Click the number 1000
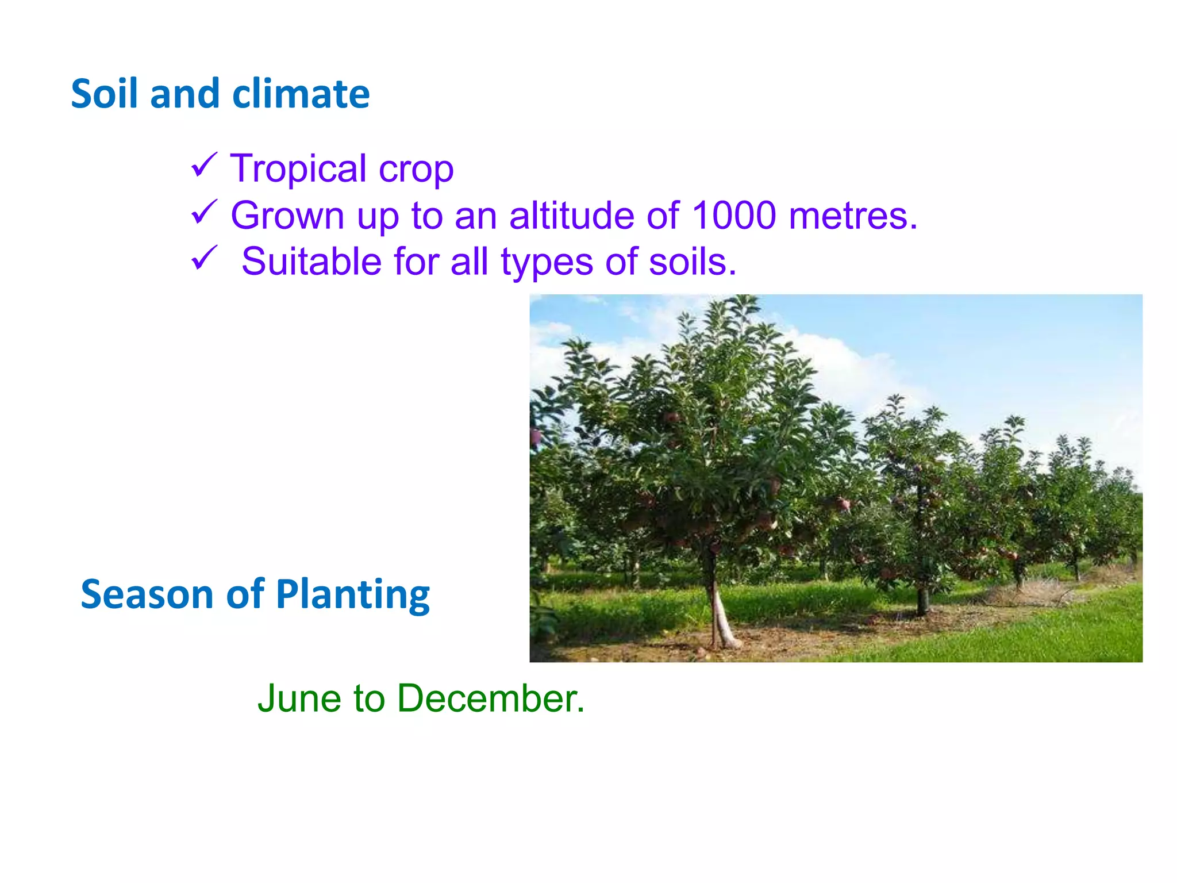tap(734, 216)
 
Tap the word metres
tap(853, 216)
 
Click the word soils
tap(692, 262)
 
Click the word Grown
tap(288, 216)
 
